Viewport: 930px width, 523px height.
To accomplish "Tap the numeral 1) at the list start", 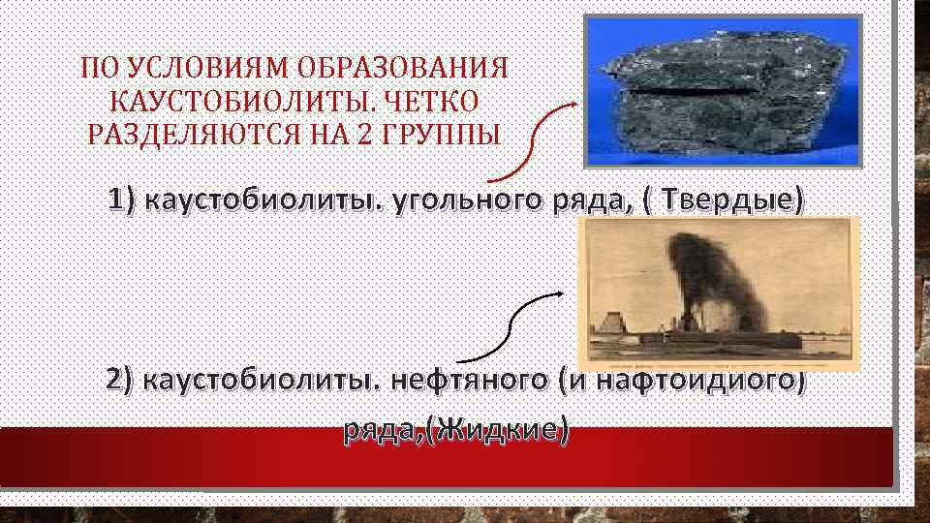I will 125,200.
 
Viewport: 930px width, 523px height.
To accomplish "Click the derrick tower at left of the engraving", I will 609,329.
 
